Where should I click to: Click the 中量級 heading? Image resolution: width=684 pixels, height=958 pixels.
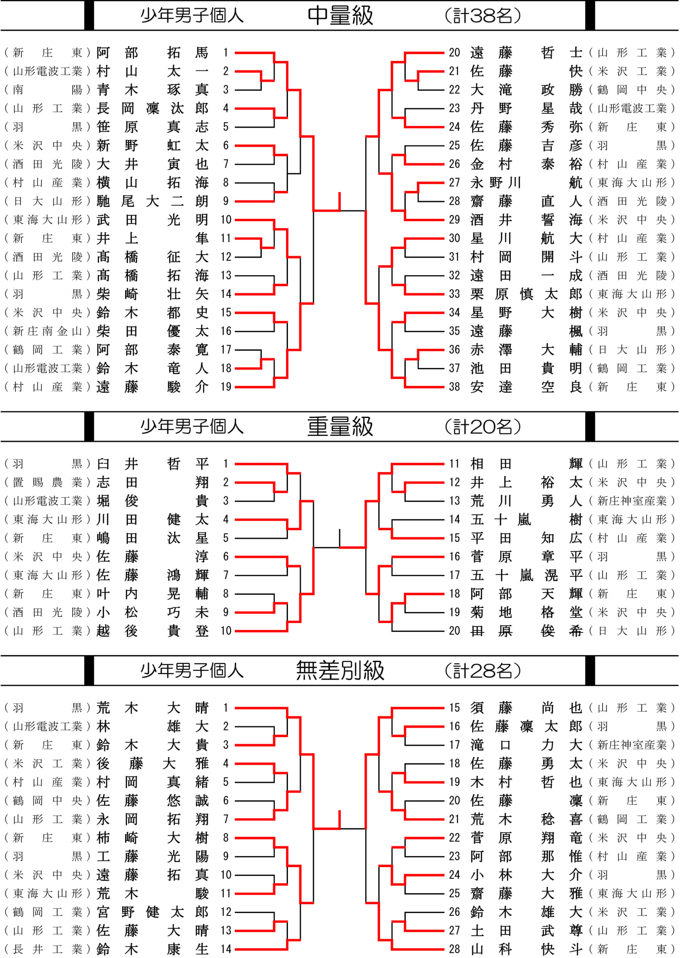point(340,16)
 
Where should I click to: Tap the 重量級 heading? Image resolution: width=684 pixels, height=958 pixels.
point(340,427)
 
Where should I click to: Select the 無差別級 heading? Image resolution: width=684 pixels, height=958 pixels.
point(340,670)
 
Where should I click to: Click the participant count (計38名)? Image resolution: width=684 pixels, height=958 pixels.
point(483,16)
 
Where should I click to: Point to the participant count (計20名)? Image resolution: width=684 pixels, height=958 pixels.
point(483,427)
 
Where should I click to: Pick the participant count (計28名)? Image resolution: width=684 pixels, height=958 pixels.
point(483,670)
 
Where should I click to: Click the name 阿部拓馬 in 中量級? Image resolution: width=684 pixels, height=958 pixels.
point(153,53)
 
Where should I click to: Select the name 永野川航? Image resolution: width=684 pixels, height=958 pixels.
point(527,183)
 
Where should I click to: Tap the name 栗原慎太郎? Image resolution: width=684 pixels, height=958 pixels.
point(527,294)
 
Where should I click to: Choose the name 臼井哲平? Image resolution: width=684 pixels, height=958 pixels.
point(153,464)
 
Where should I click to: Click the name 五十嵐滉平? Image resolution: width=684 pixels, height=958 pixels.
point(527,575)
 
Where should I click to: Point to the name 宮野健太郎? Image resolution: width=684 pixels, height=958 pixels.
point(153,912)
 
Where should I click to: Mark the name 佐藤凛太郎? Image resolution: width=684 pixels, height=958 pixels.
point(527,726)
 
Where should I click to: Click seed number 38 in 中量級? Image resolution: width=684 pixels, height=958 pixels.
point(454,387)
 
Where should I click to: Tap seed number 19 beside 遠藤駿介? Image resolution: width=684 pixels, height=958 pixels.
point(226,387)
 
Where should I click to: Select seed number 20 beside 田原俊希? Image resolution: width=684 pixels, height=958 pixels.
point(454,631)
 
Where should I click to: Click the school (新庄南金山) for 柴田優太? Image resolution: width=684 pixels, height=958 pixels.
point(47,331)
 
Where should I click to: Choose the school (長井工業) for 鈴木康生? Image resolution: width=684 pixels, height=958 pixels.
point(47,949)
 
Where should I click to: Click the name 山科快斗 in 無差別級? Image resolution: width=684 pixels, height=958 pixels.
point(527,949)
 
